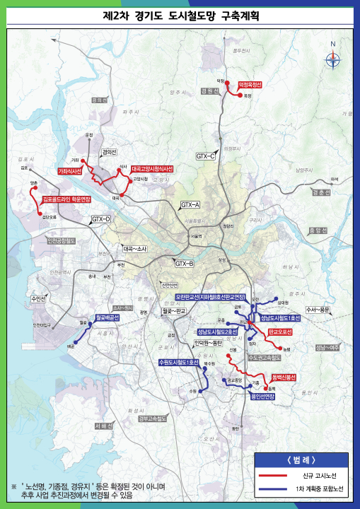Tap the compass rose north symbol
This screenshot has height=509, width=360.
point(332,60)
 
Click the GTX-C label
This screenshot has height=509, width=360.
point(206,156)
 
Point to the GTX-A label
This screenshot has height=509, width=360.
point(191,204)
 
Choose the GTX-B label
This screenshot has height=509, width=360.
point(184,264)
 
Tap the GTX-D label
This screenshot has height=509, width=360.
point(101,220)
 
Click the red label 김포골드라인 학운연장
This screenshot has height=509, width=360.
point(67,200)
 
